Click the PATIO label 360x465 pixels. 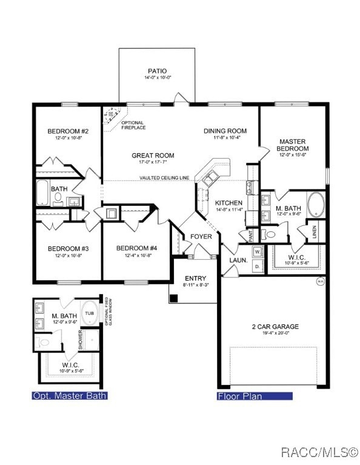pyautogui.click(x=157, y=71)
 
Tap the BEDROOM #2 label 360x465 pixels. pyautogui.click(x=68, y=131)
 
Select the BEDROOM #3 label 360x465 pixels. pyautogui.click(x=68, y=248)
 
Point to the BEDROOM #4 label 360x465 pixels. pyautogui.click(x=137, y=248)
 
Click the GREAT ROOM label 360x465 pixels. pyautogui.click(x=153, y=156)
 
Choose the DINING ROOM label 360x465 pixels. pyautogui.click(x=225, y=131)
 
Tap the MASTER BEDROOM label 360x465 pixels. pyautogui.click(x=293, y=145)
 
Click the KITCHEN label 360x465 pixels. pyautogui.click(x=228, y=203)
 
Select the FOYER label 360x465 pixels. pyautogui.click(x=201, y=236)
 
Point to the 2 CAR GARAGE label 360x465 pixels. pyautogui.click(x=275, y=326)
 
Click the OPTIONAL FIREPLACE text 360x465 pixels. pyautogui.click(x=133, y=126)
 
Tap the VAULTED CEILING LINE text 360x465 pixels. pyautogui.click(x=164, y=178)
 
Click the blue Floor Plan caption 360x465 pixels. pyautogui.click(x=255, y=397)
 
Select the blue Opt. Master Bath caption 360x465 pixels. pyautogui.click(x=70, y=396)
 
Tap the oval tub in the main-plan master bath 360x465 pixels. pyautogui.click(x=316, y=205)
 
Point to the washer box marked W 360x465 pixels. pyautogui.click(x=257, y=251)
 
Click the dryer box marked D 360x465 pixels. pyautogui.click(x=257, y=265)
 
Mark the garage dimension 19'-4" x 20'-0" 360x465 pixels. pyautogui.click(x=275, y=333)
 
